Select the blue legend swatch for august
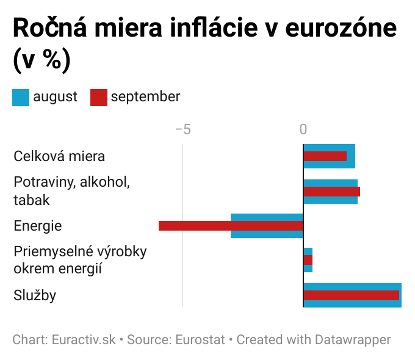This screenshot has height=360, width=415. [x=21, y=97]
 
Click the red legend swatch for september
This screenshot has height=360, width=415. [x=98, y=97]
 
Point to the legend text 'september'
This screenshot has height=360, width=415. [x=145, y=96]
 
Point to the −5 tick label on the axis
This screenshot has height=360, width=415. [x=182, y=129]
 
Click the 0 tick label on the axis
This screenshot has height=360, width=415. [x=303, y=129]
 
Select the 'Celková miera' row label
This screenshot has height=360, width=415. [x=59, y=156]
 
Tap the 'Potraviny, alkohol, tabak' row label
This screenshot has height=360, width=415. [x=72, y=191]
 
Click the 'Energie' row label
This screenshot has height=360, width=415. [x=38, y=226]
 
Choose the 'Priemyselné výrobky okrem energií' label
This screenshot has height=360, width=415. [x=80, y=260]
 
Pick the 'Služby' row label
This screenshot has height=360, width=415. [x=35, y=295]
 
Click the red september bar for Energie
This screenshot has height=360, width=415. [x=231, y=226]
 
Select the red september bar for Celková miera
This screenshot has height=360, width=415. [x=325, y=156]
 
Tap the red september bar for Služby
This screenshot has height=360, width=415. [x=352, y=295]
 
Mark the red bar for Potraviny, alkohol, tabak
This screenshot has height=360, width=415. [x=332, y=191]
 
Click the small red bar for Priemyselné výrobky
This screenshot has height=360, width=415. [x=308, y=260]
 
